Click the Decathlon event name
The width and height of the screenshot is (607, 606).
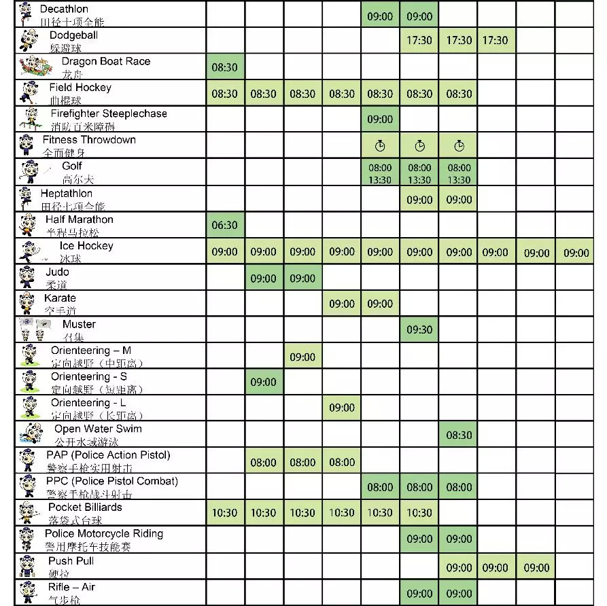[x=64, y=10]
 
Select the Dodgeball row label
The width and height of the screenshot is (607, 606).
[x=73, y=35]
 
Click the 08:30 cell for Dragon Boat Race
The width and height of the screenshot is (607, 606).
[x=224, y=68]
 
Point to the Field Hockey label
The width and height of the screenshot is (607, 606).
[x=80, y=88]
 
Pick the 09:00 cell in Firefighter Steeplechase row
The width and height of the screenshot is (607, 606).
[x=380, y=120]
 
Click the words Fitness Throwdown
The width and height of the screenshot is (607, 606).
[x=89, y=140]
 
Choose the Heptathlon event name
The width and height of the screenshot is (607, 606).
[x=66, y=194]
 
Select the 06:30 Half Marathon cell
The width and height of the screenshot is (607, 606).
[x=224, y=226]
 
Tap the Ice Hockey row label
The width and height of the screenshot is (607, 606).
[x=86, y=246]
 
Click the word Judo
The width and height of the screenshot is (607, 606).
[x=57, y=272]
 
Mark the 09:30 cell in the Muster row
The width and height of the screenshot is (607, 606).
[x=419, y=330]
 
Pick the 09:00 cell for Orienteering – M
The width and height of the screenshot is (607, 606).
[x=302, y=357]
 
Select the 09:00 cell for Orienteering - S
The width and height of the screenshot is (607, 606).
[x=263, y=382]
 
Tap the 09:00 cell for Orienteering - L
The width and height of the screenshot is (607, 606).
[x=342, y=408]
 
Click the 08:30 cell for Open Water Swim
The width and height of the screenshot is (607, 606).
[x=459, y=435]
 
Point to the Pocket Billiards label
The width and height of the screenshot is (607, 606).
[x=85, y=507]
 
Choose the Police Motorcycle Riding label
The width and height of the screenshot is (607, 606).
[x=104, y=534]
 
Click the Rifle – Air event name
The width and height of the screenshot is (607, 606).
[x=71, y=587]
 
